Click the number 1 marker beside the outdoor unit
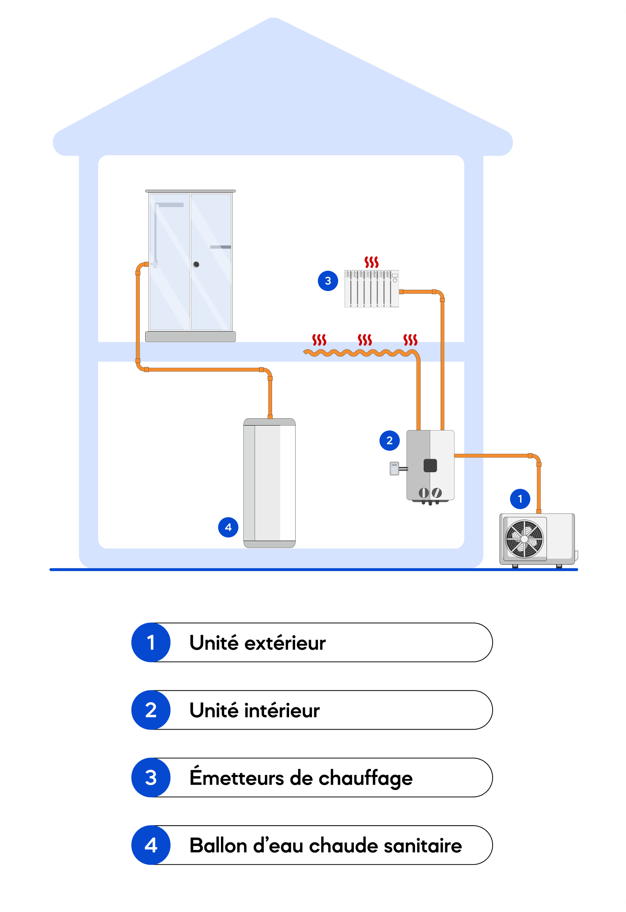coord(520,499)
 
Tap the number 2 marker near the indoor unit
coord(390,441)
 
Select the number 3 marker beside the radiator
coord(328,281)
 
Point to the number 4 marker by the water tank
coord(228,527)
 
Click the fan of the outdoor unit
coord(524,539)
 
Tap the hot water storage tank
coord(270,483)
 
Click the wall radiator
coord(372,289)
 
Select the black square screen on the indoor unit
coord(430,466)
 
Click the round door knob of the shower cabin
coord(196,264)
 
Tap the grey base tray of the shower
coord(191,336)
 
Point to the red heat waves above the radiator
coord(371,262)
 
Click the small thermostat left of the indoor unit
coord(394,469)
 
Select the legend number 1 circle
coord(151,642)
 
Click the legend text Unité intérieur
coord(255,710)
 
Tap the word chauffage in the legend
coord(366,778)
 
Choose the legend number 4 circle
coord(151,845)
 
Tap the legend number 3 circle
coord(151,777)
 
